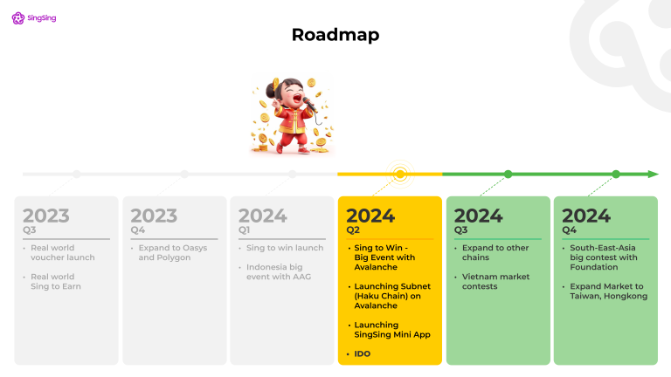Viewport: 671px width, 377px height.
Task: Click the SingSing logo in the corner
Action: tap(34, 17)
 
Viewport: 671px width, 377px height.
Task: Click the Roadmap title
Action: tap(335, 35)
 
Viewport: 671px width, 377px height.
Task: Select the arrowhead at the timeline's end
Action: tap(653, 175)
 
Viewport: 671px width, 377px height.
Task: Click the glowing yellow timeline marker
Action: tap(400, 175)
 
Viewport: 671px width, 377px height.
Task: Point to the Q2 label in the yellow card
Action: tap(353, 230)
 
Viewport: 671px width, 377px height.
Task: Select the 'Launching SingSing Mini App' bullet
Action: tap(392, 330)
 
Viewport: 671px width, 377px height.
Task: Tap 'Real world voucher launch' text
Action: tap(63, 253)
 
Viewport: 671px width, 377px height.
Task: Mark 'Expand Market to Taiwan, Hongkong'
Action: tap(607, 291)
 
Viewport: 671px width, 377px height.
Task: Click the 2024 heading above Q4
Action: tap(586, 216)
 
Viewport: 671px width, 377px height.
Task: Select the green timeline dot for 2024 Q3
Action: tap(508, 175)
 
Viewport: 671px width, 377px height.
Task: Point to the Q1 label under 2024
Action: tap(245, 230)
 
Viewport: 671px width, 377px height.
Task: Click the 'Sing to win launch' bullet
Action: tap(285, 249)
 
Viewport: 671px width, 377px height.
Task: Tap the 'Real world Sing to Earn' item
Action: tap(58, 282)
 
